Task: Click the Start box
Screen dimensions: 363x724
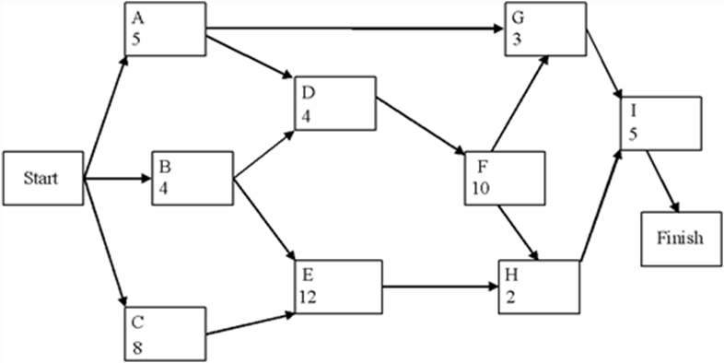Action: pyautogui.click(x=41, y=178)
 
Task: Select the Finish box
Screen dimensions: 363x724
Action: pyautogui.click(x=681, y=238)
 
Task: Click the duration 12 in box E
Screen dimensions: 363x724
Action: pyautogui.click(x=309, y=296)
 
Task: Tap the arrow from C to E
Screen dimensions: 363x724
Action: pyautogui.click(x=249, y=322)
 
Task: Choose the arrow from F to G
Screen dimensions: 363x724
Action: pyautogui.click(x=520, y=100)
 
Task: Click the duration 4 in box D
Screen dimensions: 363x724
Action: pyautogui.click(x=305, y=117)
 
